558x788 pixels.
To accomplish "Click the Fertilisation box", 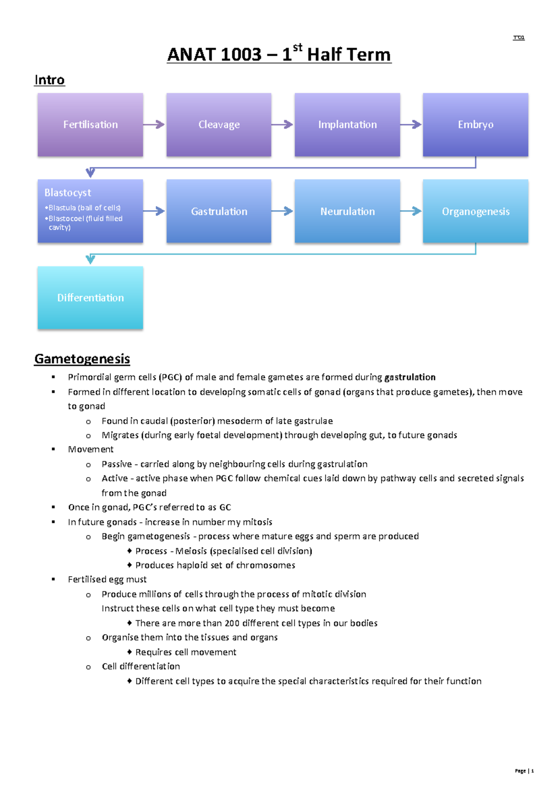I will coord(90,125).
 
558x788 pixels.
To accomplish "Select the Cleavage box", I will coord(219,125).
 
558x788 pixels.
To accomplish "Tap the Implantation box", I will coord(347,125).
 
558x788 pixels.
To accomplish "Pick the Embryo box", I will coord(475,125).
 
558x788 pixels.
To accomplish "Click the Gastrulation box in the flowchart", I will coord(219,211).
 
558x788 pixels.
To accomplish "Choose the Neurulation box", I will coord(347,211).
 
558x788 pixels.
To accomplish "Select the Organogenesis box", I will coord(475,211).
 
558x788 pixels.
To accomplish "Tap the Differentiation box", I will coord(90,298).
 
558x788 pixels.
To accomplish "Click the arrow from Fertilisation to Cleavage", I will coord(154,125).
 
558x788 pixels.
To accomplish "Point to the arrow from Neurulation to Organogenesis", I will coord(411,211).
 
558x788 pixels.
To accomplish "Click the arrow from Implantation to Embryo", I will coord(411,125).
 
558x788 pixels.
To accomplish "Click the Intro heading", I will coord(49,80).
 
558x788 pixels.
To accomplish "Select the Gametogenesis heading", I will coord(82,359).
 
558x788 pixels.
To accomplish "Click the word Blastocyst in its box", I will coord(68,192).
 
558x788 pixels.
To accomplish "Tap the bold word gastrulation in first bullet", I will coord(410,377).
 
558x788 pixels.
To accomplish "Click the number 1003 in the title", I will coord(241,55).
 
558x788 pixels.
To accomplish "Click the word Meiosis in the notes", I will coord(191,551).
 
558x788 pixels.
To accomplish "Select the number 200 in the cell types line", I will coord(232,623).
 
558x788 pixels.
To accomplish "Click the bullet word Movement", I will coord(91,449).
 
